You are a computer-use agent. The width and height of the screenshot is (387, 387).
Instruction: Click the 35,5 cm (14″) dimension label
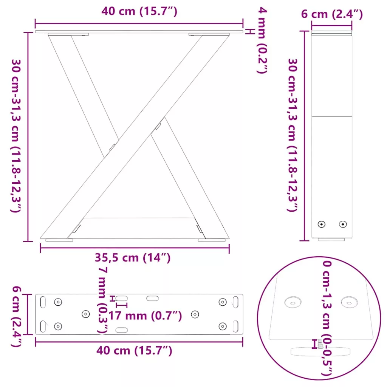pos(133,258)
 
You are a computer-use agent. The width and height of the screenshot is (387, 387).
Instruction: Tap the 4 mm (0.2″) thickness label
pos(262,40)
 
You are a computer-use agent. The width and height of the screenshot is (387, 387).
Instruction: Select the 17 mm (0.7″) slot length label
pos(145,316)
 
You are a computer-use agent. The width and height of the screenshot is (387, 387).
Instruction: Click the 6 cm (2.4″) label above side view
pos(332,14)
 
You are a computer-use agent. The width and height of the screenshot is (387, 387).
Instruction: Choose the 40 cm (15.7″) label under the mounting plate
pos(134,350)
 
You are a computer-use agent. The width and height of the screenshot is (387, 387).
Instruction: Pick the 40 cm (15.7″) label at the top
pos(139,11)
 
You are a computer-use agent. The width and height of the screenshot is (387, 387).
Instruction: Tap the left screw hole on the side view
pos(321,224)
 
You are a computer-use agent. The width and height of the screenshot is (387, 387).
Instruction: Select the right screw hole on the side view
pos(343,224)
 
